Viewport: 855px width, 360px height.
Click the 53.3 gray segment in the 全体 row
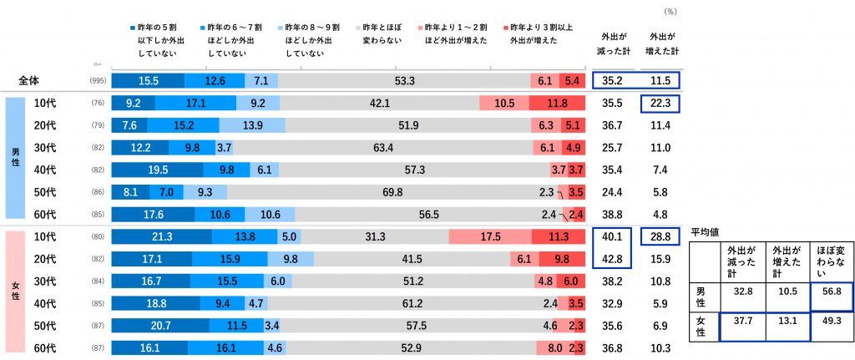[x=404, y=81]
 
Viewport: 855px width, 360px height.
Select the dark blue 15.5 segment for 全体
[x=148, y=81]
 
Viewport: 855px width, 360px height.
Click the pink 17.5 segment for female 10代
[x=489, y=236]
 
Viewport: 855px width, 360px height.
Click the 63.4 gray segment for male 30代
[x=383, y=148]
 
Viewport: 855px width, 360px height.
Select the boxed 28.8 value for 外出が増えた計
[x=665, y=237]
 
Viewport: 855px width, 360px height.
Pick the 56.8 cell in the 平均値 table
[x=832, y=293]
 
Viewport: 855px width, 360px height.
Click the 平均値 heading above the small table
[x=706, y=231]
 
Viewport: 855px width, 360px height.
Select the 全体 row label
[x=31, y=81]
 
